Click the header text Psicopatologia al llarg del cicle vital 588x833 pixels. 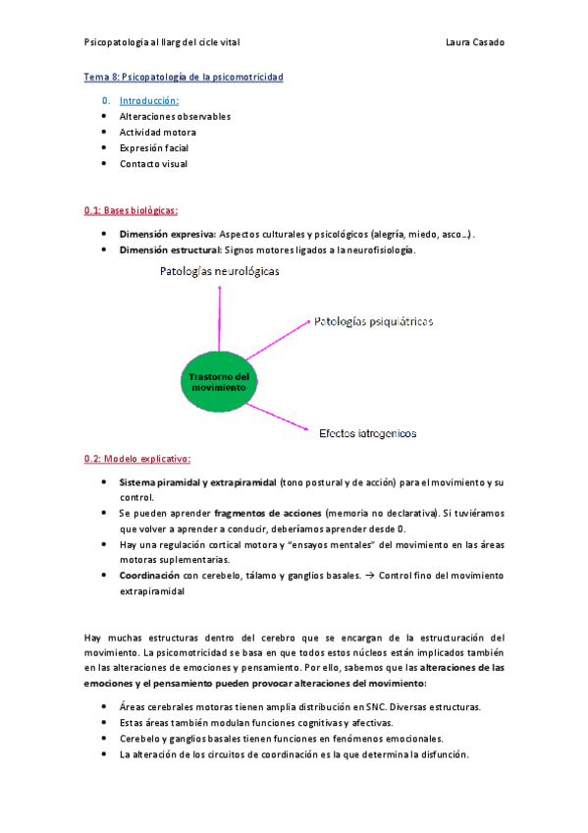(x=162, y=42)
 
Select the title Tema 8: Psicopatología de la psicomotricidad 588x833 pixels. (x=184, y=77)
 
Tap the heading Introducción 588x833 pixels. (x=149, y=100)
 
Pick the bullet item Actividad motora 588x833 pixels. (x=157, y=132)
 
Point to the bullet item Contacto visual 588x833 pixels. (x=153, y=164)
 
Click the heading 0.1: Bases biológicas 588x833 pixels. (x=131, y=210)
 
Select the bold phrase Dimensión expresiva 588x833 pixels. (x=167, y=235)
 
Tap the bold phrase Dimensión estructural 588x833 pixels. (x=169, y=250)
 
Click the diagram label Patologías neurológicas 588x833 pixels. (x=219, y=272)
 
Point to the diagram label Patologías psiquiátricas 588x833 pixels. (x=373, y=321)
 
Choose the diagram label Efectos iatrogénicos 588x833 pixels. (x=367, y=432)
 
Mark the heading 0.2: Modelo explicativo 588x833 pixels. (x=137, y=459)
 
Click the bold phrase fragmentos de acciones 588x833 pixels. (x=268, y=513)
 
